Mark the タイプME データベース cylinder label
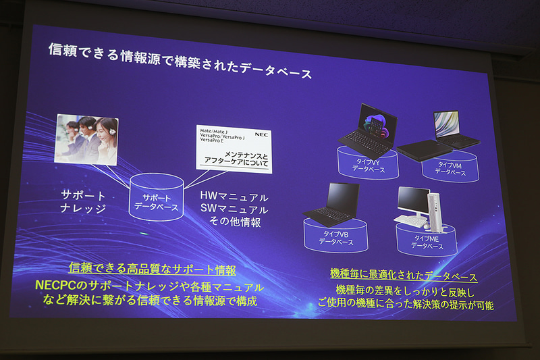(x=427, y=242)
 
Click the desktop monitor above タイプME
(x=412, y=201)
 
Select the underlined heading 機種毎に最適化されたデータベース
(x=404, y=277)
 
